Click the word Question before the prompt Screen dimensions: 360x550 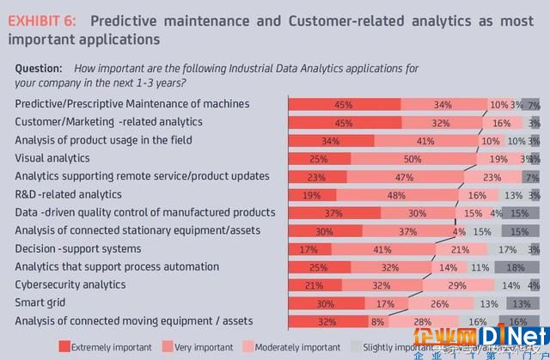pos(39,68)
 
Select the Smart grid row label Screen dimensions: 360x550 pos(42,302)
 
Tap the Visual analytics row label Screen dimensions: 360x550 pos(52,158)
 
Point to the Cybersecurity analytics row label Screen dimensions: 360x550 pos(70,284)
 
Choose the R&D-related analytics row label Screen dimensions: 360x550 pos(69,194)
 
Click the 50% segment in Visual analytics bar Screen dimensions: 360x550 pos(413,159)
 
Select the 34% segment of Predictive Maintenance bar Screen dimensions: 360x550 pos(443,105)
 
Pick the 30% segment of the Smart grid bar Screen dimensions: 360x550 pos(325,303)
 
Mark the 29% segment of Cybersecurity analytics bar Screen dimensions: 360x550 pos(458,285)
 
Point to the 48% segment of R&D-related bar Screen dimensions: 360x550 pos(397,195)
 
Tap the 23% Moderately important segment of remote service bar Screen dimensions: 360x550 pos(492,177)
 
